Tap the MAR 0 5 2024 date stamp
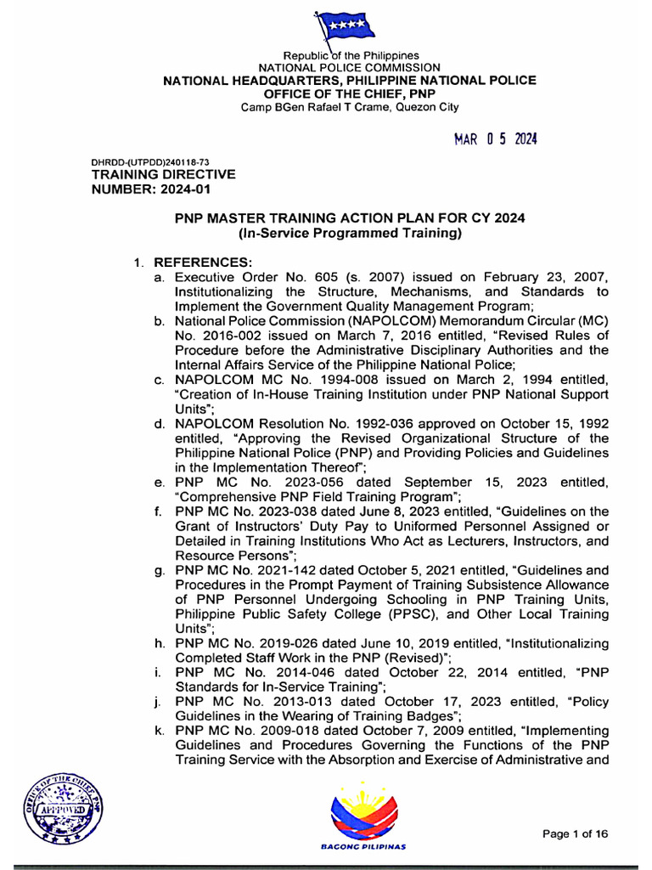(x=496, y=140)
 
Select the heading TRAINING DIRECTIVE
(x=163, y=175)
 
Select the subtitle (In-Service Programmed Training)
(x=349, y=233)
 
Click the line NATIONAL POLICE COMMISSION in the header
(x=349, y=67)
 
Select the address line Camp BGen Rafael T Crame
(x=349, y=107)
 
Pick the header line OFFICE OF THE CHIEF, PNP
(x=349, y=93)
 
